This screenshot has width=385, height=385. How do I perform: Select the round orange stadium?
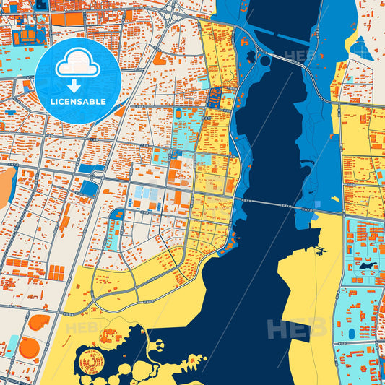pyautogui.click(x=29, y=349)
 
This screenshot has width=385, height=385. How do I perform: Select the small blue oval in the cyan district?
pyautogui.click(x=352, y=333)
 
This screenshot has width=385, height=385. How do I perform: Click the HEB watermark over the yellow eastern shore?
pyautogui.click(x=297, y=329)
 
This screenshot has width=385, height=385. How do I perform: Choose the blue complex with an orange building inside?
pyautogui.click(x=215, y=98)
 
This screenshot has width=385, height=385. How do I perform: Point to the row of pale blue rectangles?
pyautogui.click(x=144, y=194)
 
